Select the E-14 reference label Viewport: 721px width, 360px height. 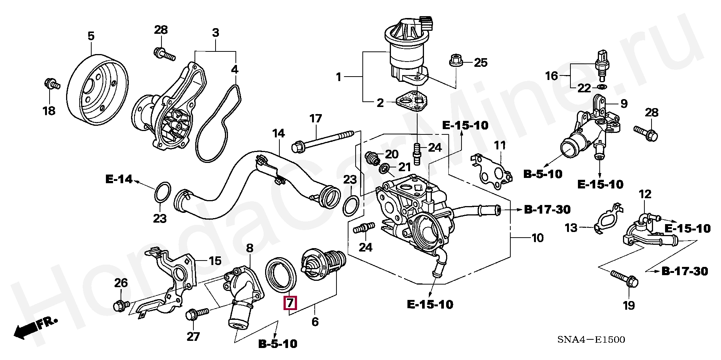(119, 179)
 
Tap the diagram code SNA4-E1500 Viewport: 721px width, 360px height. (591, 340)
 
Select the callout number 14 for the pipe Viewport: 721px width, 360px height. (278, 133)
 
